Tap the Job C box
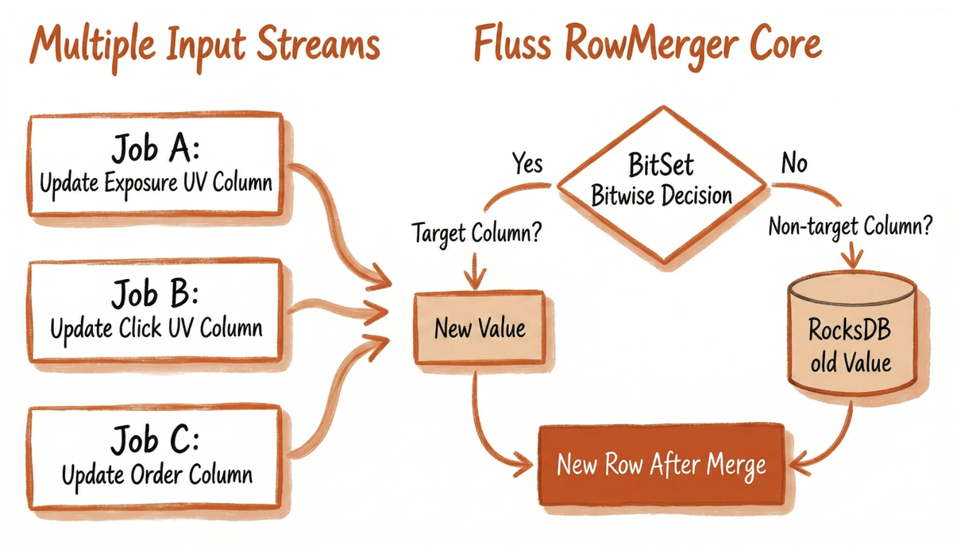[156, 459]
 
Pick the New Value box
[479, 327]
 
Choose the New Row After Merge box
[662, 464]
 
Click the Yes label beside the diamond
[526, 164]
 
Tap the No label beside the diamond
[793, 164]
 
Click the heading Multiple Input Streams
[204, 46]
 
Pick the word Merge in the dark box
[737, 465]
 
